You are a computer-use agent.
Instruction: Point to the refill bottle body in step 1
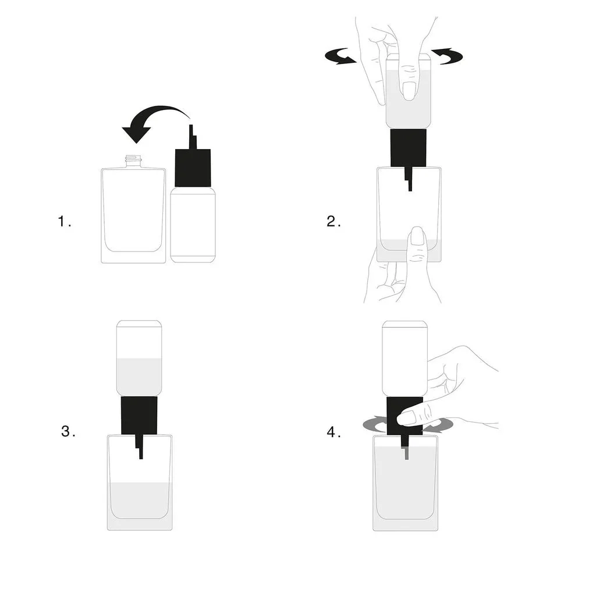coord(193,224)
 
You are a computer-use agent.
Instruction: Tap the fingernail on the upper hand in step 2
coord(409,90)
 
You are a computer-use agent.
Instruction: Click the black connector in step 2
coord(408,148)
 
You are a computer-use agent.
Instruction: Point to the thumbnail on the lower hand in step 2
coord(417,236)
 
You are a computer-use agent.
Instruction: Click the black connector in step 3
coord(139,415)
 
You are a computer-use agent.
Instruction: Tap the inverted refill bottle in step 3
coord(139,358)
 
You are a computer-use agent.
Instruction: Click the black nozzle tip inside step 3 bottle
coord(140,451)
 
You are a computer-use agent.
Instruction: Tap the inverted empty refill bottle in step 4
coord(405,358)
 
